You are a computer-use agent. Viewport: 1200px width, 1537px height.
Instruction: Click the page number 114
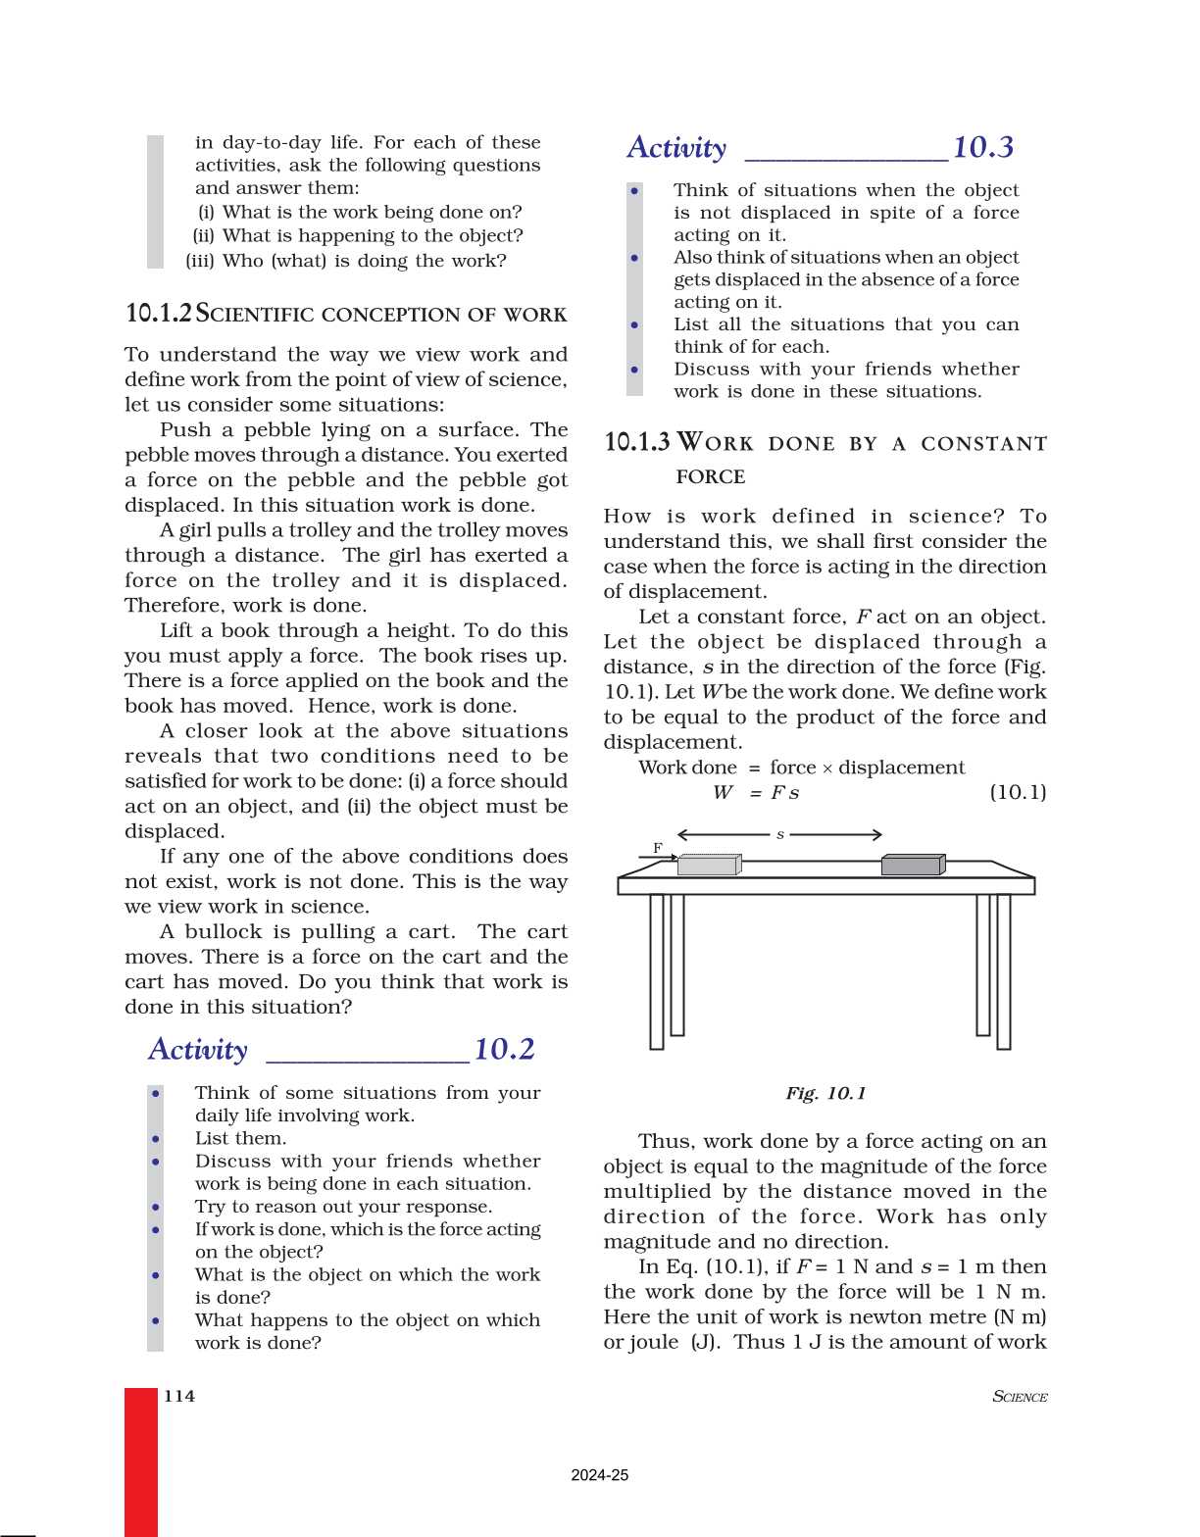click(179, 1396)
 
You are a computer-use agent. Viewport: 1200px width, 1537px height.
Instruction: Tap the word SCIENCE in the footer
click(1020, 1397)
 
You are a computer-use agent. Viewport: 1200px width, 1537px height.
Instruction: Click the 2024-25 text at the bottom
click(599, 1475)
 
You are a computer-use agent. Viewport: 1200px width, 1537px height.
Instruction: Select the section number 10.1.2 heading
click(159, 314)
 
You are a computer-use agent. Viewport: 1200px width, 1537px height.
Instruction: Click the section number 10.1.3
click(637, 442)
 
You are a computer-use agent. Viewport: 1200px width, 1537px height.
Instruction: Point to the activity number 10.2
click(504, 1050)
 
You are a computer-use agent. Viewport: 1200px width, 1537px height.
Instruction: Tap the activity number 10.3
click(982, 148)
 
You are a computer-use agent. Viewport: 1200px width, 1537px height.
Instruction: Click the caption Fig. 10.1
click(825, 1093)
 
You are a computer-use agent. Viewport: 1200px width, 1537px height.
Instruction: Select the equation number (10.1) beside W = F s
click(1018, 792)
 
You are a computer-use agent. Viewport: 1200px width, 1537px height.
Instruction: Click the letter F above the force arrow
click(658, 848)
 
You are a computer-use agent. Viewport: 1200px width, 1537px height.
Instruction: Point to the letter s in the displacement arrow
click(780, 835)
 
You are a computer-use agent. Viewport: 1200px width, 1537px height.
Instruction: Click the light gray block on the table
click(708, 865)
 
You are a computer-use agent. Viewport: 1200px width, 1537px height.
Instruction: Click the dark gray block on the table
click(912, 865)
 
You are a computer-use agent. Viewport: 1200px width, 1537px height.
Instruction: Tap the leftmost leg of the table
click(657, 970)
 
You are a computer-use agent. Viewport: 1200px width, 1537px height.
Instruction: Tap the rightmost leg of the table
click(1003, 970)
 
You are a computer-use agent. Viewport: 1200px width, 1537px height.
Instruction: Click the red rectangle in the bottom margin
click(141, 1461)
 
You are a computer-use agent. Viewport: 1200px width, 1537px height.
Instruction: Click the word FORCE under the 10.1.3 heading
click(710, 477)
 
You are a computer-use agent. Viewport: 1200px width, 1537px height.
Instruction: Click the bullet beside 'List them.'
click(156, 1139)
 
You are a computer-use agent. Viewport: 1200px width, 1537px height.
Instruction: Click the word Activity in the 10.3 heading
click(676, 148)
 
